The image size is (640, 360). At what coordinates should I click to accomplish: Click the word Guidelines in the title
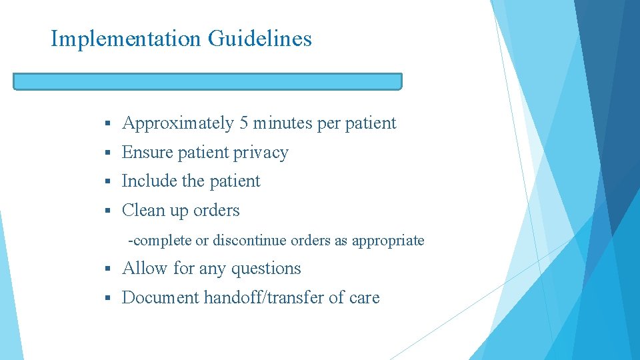260,39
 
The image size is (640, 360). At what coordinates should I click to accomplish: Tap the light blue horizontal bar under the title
207,81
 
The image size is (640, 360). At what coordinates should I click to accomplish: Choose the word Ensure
144,153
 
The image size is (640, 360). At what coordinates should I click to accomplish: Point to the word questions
266,269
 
